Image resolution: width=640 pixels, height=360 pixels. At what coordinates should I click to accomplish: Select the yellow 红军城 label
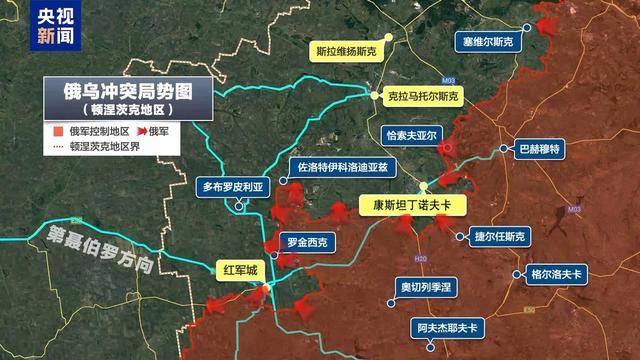tap(240, 270)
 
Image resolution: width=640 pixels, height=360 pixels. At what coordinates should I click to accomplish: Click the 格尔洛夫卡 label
tap(555, 272)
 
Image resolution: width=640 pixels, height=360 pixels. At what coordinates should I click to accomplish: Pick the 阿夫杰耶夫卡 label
tap(446, 326)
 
